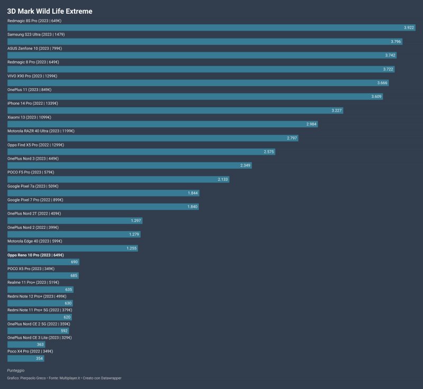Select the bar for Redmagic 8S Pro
211,27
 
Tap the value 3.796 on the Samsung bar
396,41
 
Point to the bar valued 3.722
201,69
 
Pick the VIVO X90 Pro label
32,76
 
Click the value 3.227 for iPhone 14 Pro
336,110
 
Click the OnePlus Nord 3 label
33,158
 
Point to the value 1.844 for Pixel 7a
192,193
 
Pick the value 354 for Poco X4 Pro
39,358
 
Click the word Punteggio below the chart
15,371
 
